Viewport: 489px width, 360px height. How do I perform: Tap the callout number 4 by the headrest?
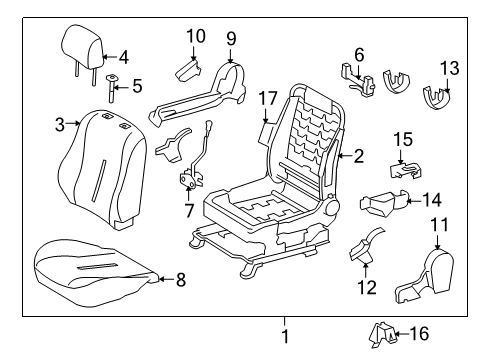pyautogui.click(x=123, y=56)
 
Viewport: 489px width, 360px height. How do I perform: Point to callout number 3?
pyautogui.click(x=60, y=124)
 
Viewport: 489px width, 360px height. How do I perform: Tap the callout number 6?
pyautogui.click(x=358, y=53)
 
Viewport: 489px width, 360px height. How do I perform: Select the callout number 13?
pyautogui.click(x=450, y=68)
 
